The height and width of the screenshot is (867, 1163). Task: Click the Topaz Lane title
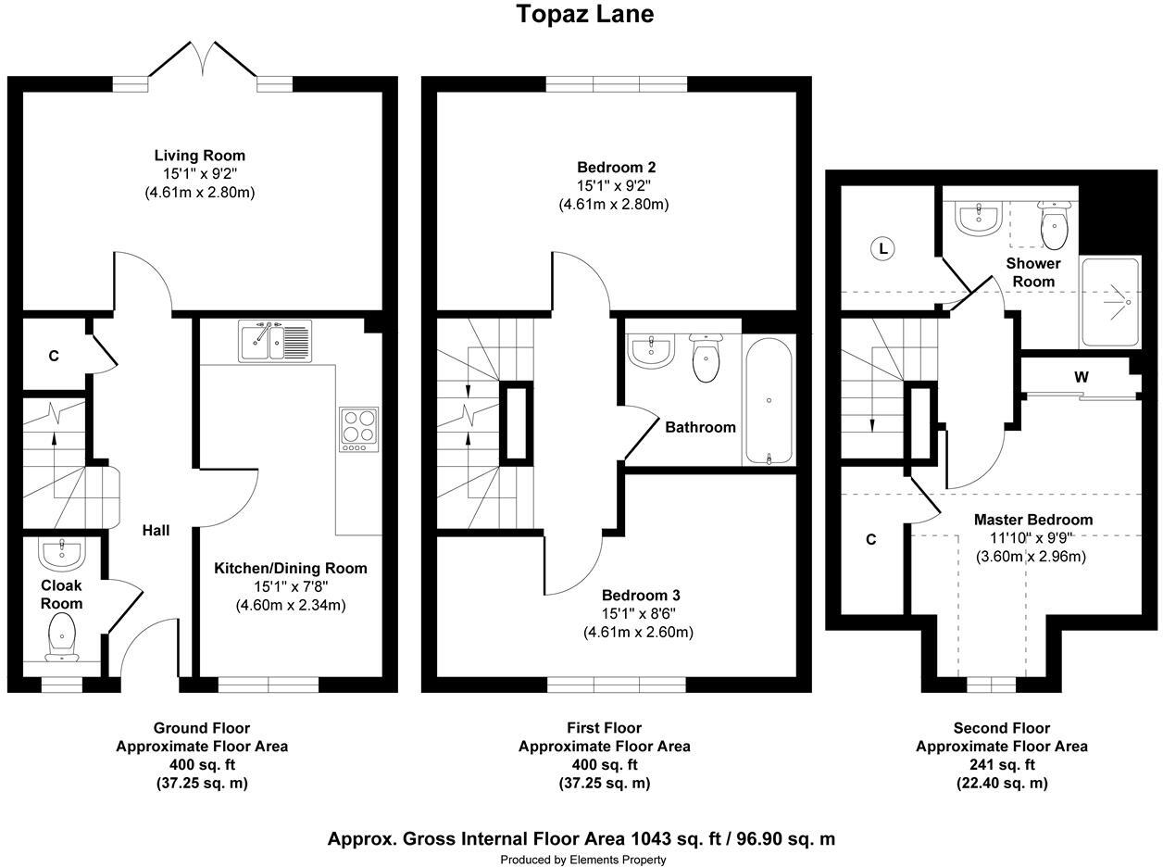[585, 14]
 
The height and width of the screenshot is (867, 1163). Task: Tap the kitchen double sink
[275, 341]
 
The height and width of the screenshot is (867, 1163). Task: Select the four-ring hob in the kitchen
[359, 429]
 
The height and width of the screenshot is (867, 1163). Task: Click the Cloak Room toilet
[62, 637]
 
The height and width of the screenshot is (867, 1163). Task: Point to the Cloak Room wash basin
[62, 554]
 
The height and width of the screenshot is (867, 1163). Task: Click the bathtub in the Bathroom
[769, 401]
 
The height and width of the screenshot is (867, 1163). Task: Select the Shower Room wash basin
[979, 218]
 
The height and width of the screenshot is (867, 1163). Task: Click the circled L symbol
[882, 248]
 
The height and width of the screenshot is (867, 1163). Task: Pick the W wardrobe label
[1082, 377]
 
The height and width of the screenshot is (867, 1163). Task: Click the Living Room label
[200, 156]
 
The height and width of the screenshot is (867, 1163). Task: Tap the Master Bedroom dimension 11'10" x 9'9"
[1032, 538]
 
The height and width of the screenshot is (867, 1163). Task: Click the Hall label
[156, 530]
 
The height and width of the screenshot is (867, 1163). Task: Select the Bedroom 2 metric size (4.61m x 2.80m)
[614, 204]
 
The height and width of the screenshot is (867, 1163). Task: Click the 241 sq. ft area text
[1001, 764]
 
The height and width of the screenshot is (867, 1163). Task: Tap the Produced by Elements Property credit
[582, 860]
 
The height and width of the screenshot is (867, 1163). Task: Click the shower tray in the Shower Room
[1110, 303]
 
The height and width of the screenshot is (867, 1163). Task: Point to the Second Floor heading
[1001, 728]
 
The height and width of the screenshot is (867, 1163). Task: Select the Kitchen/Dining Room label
[291, 568]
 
